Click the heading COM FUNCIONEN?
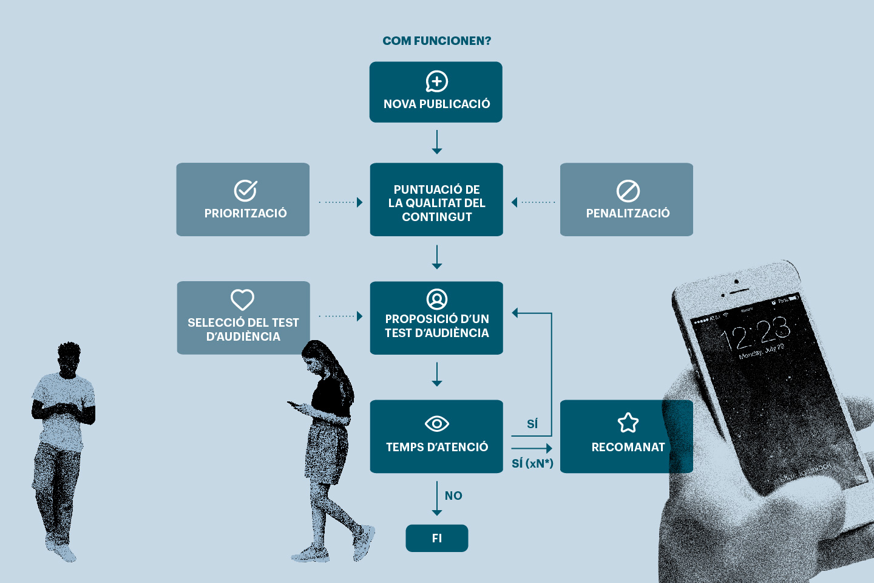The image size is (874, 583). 436,41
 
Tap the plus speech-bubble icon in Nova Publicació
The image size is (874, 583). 436,81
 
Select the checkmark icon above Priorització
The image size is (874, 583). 245,191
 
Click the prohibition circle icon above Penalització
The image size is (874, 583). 628,191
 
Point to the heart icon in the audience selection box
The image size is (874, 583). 242,299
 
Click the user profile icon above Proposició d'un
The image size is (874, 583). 436,299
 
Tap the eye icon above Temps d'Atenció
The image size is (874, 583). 436,423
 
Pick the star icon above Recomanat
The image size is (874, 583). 628,423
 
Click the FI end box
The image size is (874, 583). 436,538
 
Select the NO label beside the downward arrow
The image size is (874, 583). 453,496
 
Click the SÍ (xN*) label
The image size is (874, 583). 532,463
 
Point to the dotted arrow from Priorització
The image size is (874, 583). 340,202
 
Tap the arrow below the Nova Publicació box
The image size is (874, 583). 436,141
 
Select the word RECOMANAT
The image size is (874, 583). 628,447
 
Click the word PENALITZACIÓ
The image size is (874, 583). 628,213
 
